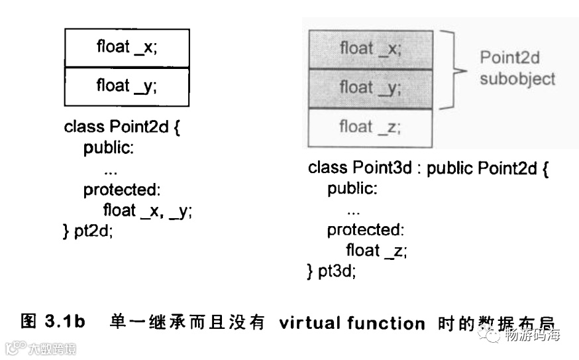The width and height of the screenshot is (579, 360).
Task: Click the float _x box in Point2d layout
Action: pos(127,48)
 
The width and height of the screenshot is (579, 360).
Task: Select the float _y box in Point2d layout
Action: pos(127,86)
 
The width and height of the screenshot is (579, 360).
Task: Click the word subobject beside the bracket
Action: pos(517,80)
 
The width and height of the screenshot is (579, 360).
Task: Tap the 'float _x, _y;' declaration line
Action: pos(147,211)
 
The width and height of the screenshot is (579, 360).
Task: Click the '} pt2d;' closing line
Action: pos(88,232)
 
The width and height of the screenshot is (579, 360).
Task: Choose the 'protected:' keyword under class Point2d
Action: pos(122,190)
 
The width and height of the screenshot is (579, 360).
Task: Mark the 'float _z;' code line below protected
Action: pos(376,251)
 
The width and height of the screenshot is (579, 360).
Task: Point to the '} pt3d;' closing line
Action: pos(331,271)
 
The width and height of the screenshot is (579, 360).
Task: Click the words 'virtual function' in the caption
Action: pos(352,324)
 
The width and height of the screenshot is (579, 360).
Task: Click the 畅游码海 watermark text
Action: pos(532,335)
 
